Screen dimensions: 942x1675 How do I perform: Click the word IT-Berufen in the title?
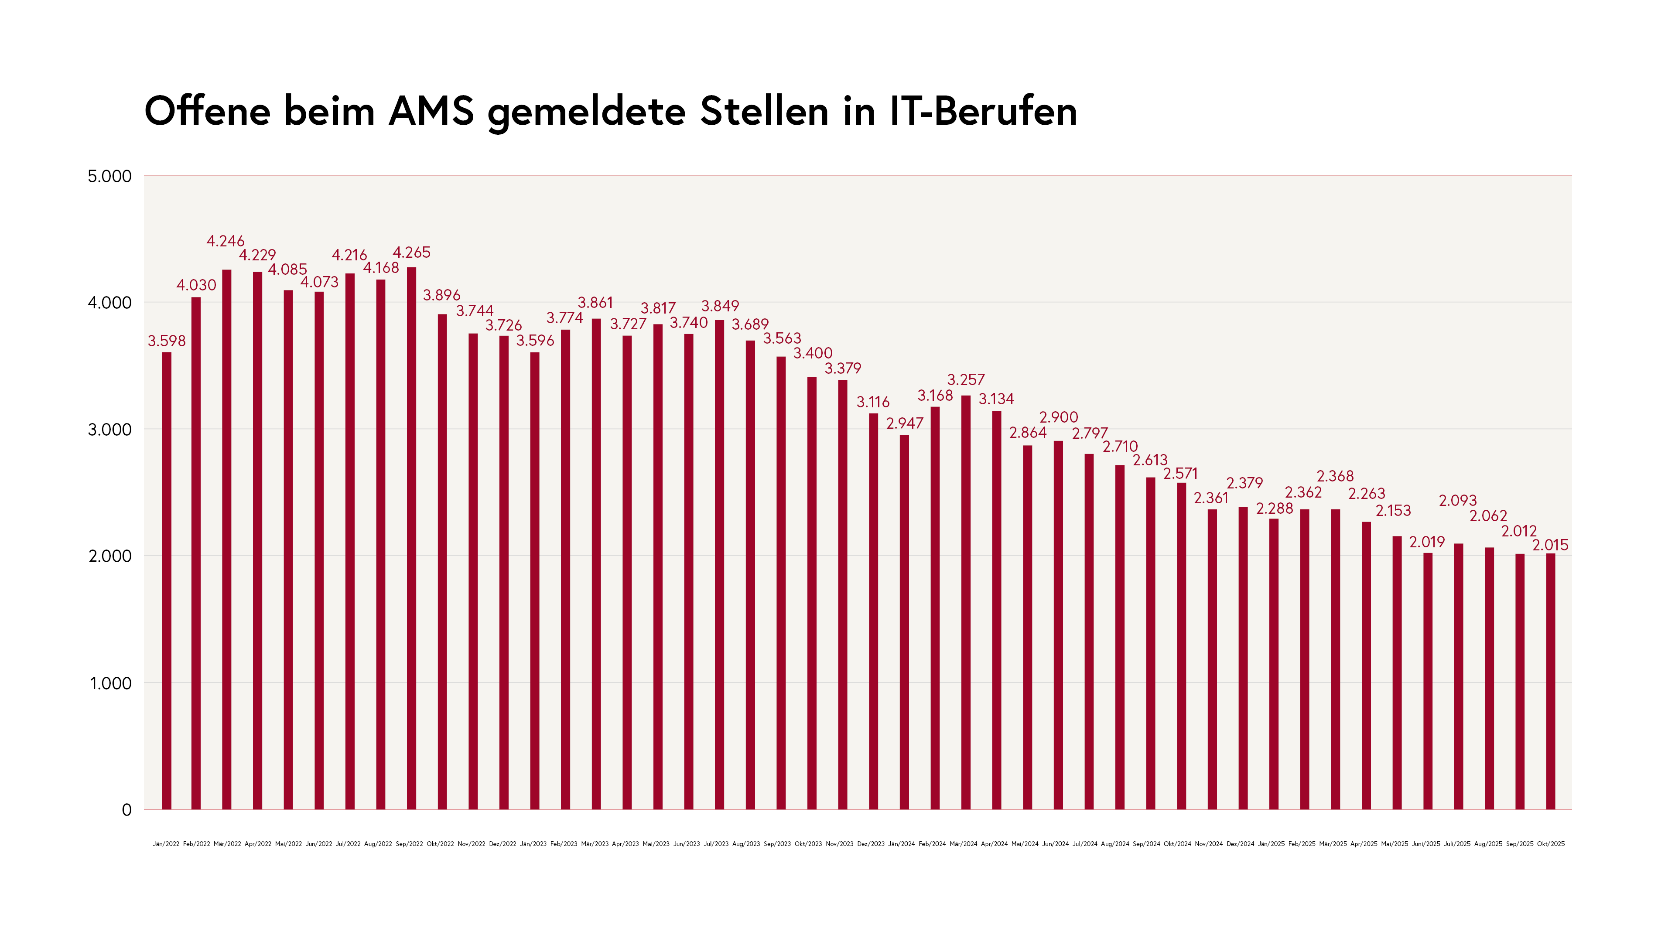click(x=983, y=111)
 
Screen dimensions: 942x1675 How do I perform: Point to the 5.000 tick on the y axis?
click(x=109, y=176)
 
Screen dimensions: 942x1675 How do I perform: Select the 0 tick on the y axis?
click(x=127, y=810)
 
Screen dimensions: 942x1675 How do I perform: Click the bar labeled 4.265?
click(x=412, y=538)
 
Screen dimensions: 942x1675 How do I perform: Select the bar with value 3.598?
click(x=167, y=580)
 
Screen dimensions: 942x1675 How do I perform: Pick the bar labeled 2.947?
click(x=905, y=622)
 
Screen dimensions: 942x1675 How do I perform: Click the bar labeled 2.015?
click(x=1551, y=681)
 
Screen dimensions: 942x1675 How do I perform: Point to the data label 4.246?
click(x=225, y=241)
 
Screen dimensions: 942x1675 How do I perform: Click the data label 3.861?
click(x=595, y=302)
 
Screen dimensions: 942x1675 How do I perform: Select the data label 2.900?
click(x=1059, y=417)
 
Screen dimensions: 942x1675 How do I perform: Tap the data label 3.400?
click(x=813, y=353)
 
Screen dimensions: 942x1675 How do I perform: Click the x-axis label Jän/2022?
click(x=166, y=844)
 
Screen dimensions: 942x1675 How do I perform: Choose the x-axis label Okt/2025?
click(x=1551, y=844)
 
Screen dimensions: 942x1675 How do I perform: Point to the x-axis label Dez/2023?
click(x=871, y=844)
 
